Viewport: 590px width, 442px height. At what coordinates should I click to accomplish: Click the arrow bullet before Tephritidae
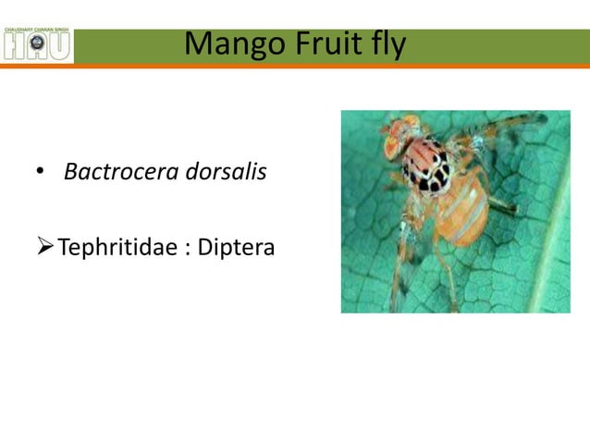pos(44,247)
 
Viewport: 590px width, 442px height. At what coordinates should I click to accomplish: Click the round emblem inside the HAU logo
pos(38,43)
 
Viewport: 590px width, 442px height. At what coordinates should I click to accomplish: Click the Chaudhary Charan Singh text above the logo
pos(37,31)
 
